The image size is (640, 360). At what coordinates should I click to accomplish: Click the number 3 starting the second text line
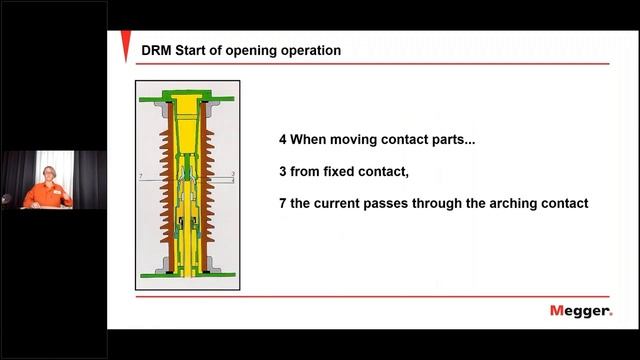pos(283,172)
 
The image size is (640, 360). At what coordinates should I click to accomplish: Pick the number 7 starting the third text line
pos(283,203)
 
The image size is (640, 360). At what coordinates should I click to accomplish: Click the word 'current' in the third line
pos(343,203)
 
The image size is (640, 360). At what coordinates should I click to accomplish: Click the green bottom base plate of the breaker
pos(185,274)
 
